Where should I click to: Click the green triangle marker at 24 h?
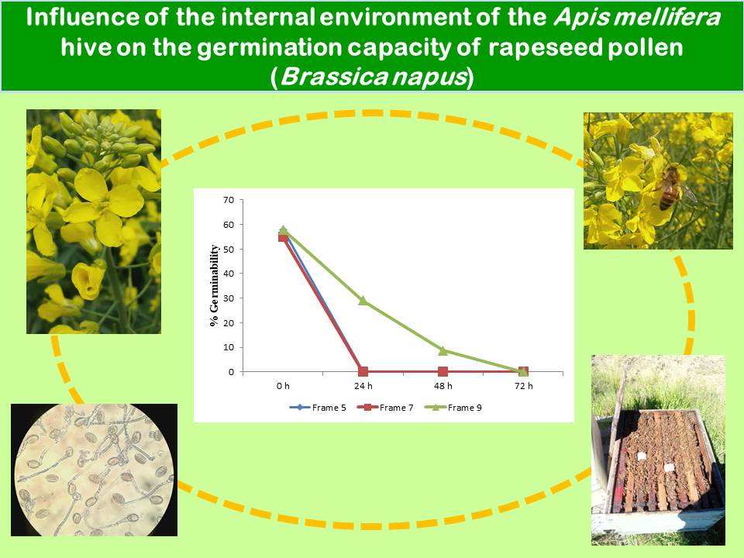coord(363,300)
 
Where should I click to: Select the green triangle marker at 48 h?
coord(443,350)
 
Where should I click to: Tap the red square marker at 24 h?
coord(363,371)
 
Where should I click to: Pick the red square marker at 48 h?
coord(443,371)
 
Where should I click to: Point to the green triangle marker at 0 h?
coord(284,229)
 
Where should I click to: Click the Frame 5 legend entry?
coord(318,408)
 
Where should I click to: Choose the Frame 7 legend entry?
coord(385,408)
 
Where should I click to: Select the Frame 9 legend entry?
coord(453,408)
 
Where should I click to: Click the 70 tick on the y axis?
coord(229,200)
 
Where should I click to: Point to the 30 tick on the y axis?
coord(229,298)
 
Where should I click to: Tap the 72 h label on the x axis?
coord(523,386)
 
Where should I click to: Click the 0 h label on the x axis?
coord(283,386)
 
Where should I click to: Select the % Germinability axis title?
coord(215,285)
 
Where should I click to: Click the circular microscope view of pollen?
coord(95,470)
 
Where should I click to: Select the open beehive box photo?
coord(658,449)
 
